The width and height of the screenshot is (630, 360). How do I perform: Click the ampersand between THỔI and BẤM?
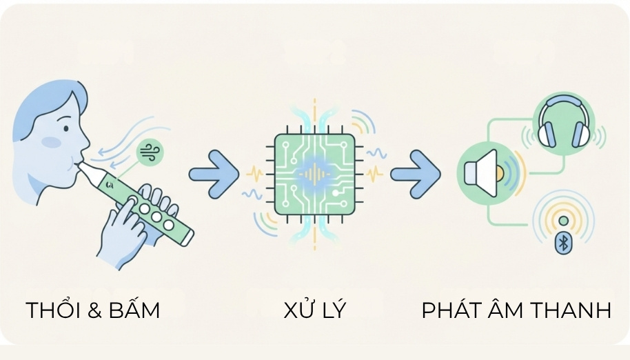[x=94, y=310]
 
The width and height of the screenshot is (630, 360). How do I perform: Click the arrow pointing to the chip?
[x=214, y=174]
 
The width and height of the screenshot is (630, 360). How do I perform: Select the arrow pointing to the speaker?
[x=416, y=174]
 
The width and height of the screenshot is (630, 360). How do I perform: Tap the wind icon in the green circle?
[x=150, y=152]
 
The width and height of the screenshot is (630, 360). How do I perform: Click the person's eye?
[x=66, y=128]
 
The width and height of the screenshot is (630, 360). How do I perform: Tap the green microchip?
[x=314, y=174]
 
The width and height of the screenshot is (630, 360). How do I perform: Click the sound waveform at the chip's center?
[x=314, y=174]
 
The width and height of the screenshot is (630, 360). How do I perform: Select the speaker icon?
[x=482, y=173]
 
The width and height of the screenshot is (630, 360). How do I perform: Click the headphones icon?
[x=564, y=121]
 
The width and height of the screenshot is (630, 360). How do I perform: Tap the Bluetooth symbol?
[x=563, y=243]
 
